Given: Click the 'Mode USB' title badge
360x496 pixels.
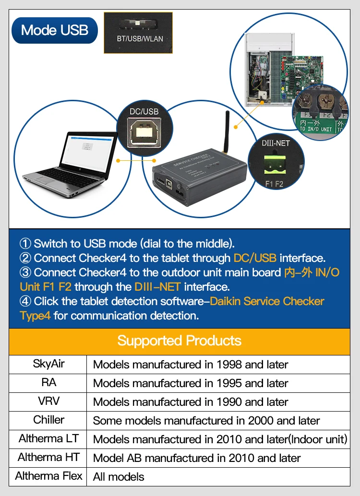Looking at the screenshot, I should coord(55,30).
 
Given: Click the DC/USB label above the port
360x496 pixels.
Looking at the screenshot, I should coord(144,111).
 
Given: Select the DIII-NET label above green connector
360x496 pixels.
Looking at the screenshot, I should coord(276,143).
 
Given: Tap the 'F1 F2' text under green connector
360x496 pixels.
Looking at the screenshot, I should coord(276,184).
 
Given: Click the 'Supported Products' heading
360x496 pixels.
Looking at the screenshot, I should coord(180,341).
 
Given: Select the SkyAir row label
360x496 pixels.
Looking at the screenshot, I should coord(48,364).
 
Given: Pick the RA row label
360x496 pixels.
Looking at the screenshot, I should coord(48,383).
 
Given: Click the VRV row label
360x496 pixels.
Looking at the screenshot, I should coord(48,402).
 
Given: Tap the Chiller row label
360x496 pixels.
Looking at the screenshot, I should coord(48,420).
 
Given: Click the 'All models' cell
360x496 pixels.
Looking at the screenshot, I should coord(119,477).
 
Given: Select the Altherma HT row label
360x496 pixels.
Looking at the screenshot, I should coord(48,458).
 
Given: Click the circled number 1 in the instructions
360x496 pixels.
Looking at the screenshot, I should coord(25,244).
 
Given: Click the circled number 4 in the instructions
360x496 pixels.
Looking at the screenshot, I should coord(25,301).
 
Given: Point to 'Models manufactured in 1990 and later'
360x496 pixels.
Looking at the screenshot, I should coord(191,402).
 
